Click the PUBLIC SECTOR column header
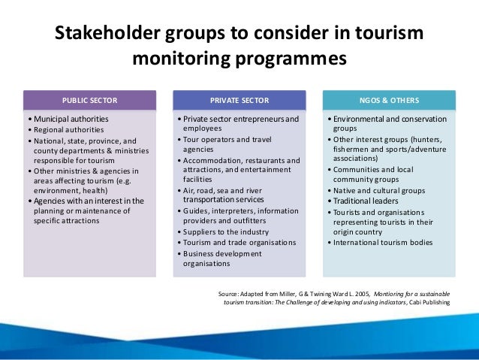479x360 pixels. [x=89, y=100]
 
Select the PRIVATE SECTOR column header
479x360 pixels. [x=239, y=100]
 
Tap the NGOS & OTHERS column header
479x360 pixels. [x=389, y=100]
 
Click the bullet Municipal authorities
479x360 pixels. [x=70, y=119]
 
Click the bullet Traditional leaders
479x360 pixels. [x=366, y=201]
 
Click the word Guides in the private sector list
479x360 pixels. [x=195, y=211]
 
